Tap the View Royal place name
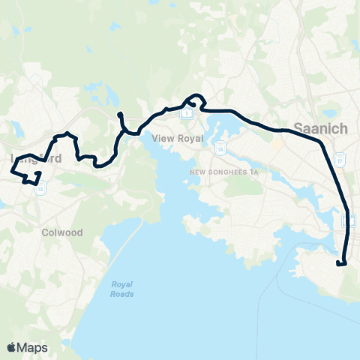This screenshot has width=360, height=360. click(x=172, y=139)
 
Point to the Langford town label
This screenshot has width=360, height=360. click(x=36, y=159)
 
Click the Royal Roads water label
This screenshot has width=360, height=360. click(x=122, y=289)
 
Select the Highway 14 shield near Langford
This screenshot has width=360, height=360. click(x=40, y=189)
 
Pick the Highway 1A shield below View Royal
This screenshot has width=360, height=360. click(x=220, y=148)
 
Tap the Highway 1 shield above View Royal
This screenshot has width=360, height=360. click(x=188, y=114)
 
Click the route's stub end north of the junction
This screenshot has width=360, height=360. click(x=119, y=114)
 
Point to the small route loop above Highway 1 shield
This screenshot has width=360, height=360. click(x=195, y=99)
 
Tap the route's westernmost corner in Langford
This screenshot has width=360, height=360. click(x=11, y=172)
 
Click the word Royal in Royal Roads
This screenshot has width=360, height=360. click(x=122, y=284)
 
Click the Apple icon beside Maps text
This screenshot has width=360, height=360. click(x=11, y=346)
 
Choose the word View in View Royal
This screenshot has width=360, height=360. click(x=161, y=139)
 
